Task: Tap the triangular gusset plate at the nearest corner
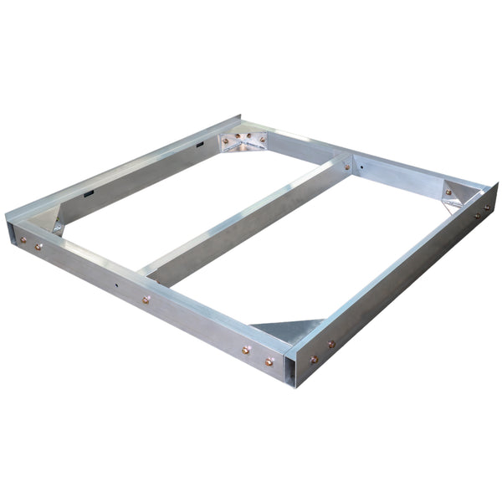289,327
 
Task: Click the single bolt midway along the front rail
146,299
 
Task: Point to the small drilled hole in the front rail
115,285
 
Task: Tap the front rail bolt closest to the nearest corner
269,362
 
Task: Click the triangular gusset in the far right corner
456,194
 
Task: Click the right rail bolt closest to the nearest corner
315,360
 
